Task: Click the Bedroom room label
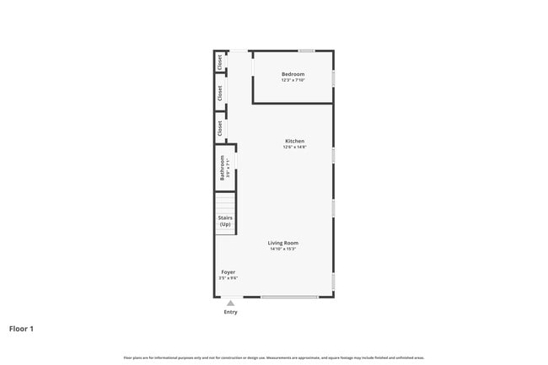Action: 293,74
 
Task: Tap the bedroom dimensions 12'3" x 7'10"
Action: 293,80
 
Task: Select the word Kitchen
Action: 294,141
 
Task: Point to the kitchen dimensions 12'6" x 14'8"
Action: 294,148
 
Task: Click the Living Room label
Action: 282,243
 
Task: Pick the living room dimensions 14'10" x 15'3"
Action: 282,250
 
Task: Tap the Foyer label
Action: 228,271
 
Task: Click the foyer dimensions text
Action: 228,278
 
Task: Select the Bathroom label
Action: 223,168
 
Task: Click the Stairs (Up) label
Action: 225,221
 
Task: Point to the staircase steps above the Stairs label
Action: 224,202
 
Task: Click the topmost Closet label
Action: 220,62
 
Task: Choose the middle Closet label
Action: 220,93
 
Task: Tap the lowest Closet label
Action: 220,129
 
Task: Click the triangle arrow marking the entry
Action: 230,303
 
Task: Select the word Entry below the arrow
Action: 230,312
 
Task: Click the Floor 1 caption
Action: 21,329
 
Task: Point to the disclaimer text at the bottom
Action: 274,357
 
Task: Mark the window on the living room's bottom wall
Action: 289,297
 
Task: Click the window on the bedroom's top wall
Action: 306,51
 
